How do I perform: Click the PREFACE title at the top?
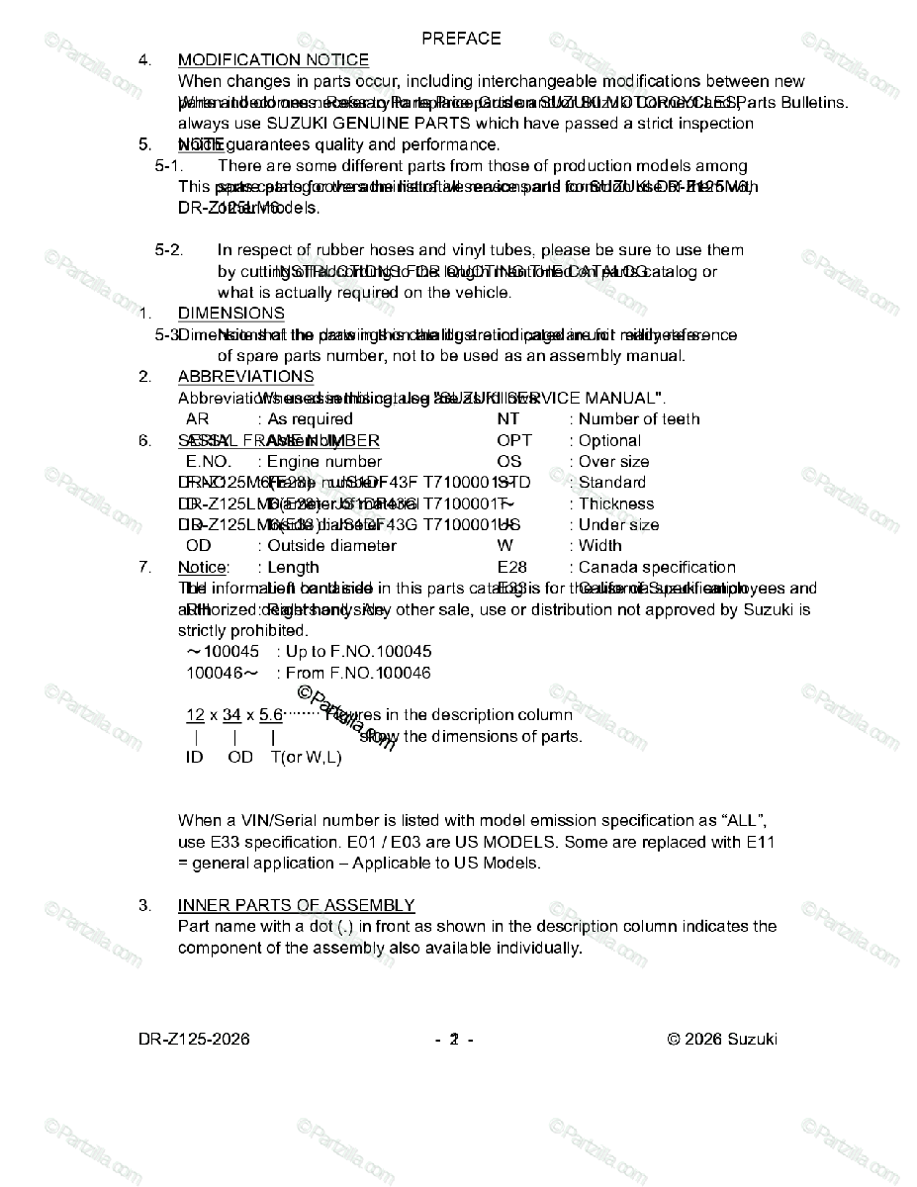point(461,39)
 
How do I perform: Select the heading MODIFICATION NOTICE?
point(273,60)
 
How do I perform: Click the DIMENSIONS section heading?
point(230,314)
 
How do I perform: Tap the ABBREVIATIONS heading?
point(245,377)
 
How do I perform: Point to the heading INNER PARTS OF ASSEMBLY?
point(296,906)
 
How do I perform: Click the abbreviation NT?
point(507,419)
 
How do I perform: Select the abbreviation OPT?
point(514,441)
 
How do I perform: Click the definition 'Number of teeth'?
point(634,419)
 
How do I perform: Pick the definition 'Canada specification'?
point(652,568)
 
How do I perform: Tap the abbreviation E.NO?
point(208,462)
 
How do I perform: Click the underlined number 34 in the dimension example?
point(231,715)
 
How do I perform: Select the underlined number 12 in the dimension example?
point(195,715)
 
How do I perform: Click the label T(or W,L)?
point(306,758)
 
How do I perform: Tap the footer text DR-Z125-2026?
point(194,1040)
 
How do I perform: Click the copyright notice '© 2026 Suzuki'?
point(722,1040)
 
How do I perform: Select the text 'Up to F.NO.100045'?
point(353,652)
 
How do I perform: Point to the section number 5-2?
point(168,250)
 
